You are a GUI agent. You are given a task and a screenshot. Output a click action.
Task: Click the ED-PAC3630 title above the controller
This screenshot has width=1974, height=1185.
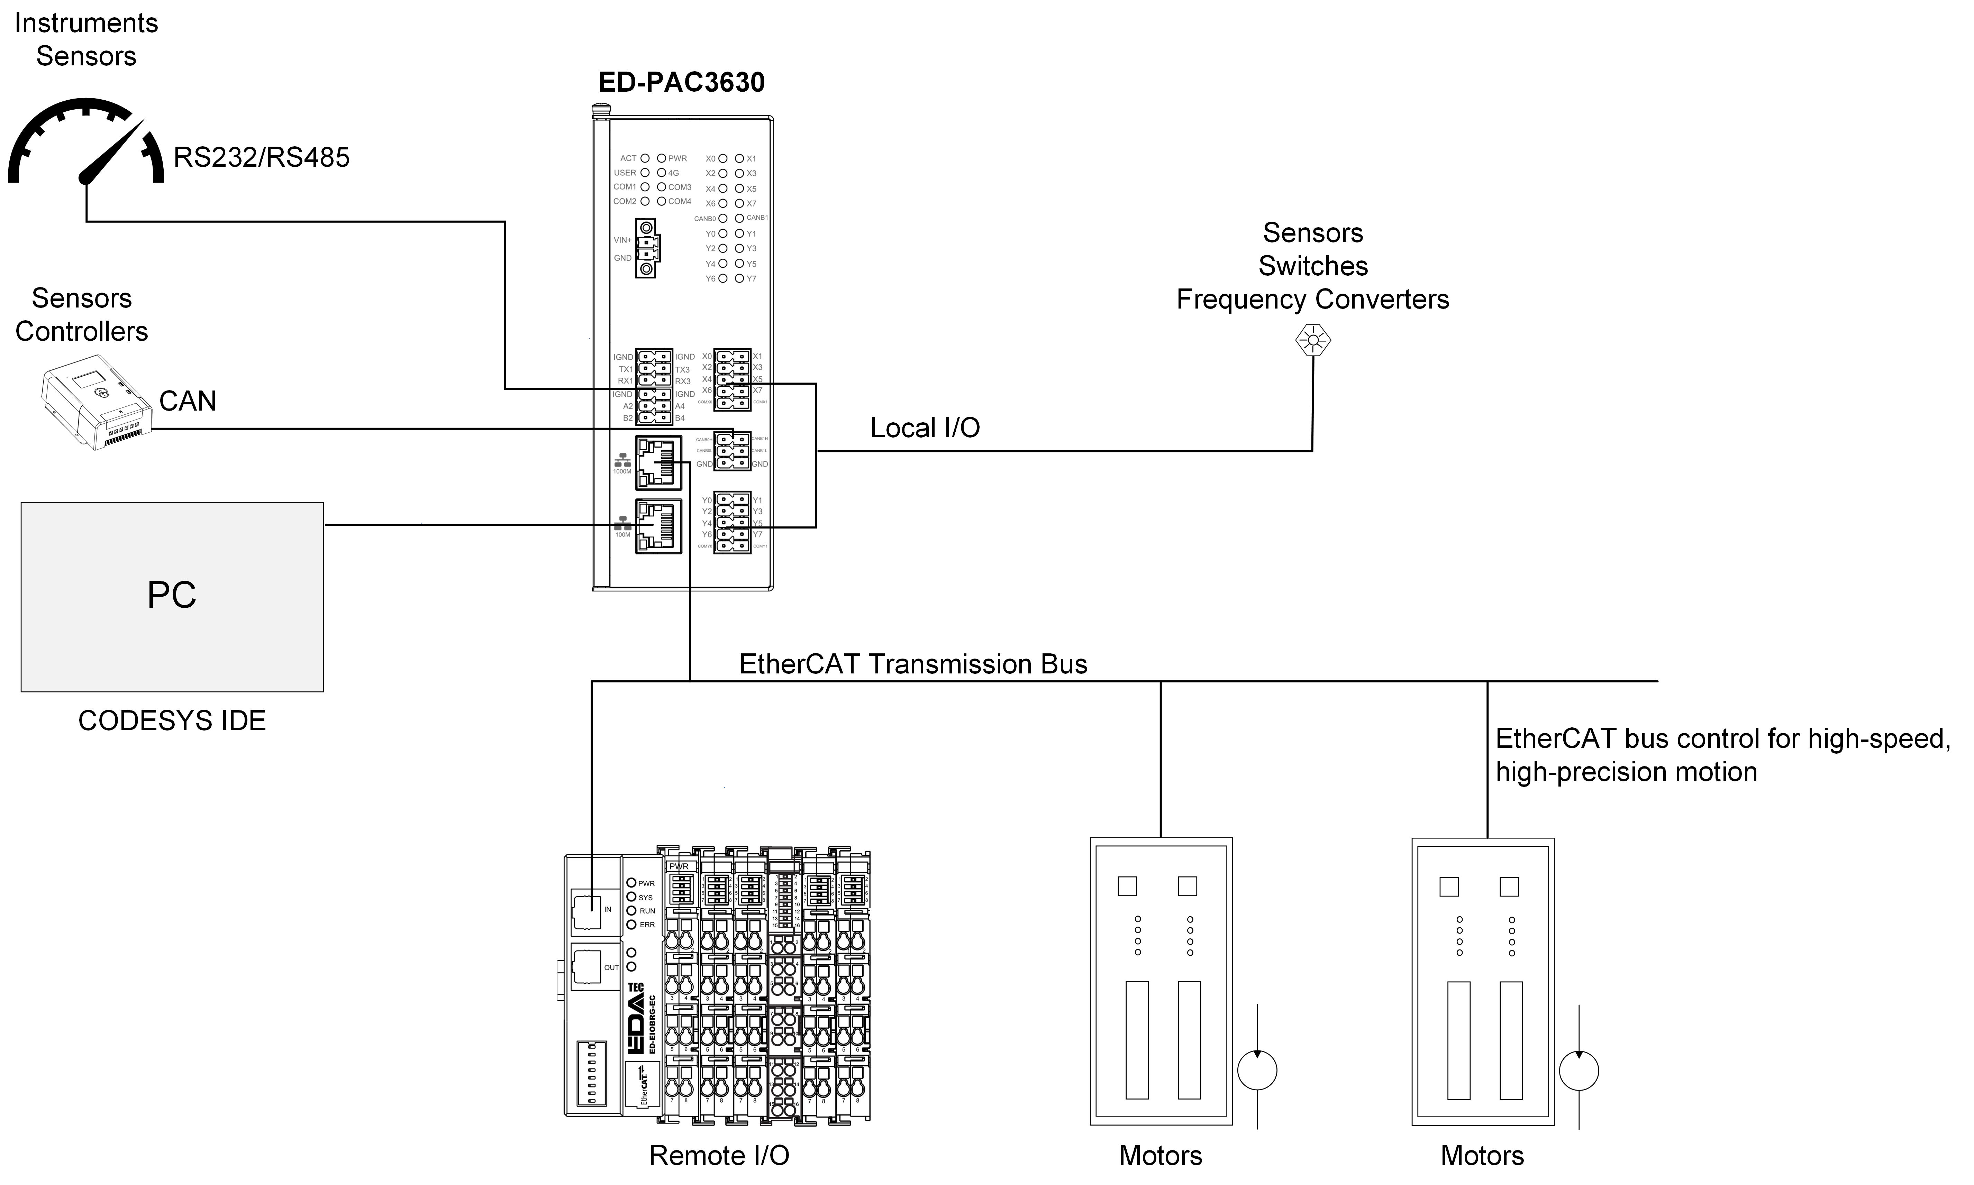point(681,82)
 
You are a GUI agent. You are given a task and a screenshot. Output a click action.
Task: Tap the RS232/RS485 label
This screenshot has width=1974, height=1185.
point(261,157)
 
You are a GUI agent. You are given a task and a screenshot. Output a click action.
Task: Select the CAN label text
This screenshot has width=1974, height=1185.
point(188,401)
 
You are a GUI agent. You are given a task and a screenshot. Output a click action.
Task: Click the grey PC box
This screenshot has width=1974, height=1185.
point(172,597)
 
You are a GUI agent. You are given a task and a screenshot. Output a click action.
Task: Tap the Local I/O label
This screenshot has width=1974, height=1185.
point(925,428)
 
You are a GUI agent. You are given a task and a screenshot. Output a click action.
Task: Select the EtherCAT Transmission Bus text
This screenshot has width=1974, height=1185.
point(913,664)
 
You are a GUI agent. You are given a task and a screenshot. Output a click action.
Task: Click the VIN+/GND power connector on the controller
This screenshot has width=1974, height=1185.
point(646,248)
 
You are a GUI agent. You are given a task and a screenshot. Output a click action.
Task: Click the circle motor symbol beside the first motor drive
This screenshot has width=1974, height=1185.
point(1257,1070)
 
